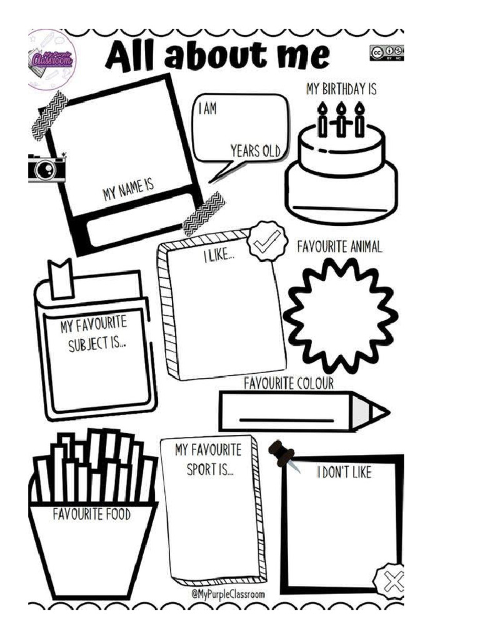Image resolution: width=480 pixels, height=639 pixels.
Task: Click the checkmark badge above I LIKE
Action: pos(266,241)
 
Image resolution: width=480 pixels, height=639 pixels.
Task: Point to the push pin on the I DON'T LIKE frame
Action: pos(283,454)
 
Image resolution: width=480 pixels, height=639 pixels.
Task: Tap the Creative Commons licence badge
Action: pos(387,53)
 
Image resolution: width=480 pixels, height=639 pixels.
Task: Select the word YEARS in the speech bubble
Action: pos(245,151)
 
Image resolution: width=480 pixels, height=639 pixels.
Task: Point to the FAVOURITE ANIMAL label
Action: pos(339,247)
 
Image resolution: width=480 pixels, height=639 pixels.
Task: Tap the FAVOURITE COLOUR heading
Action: pos(289,384)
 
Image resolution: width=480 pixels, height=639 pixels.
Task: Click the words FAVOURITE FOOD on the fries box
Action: pos(92,514)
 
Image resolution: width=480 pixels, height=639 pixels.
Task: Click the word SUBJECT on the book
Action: pos(87,344)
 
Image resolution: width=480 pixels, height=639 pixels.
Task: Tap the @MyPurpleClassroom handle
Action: pos(227,594)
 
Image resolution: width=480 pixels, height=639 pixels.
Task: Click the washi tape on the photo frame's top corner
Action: pos(50,115)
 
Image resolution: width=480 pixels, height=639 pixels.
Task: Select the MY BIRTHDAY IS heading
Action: pos(342,89)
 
